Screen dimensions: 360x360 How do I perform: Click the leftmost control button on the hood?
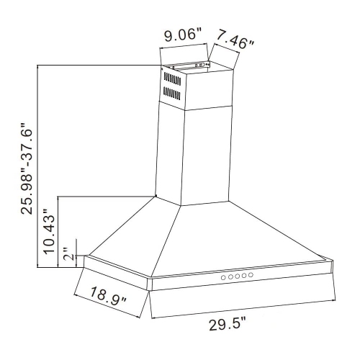click(x=222, y=277)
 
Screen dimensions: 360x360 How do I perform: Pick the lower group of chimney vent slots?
click(x=172, y=93)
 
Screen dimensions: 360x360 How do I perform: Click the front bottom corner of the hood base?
click(x=149, y=290)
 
